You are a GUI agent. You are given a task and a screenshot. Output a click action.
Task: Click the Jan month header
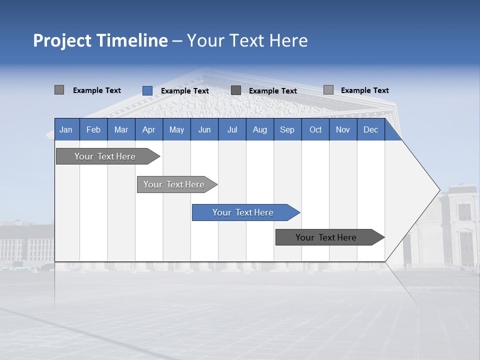point(66,129)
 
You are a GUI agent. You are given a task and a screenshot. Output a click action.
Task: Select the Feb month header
point(93,129)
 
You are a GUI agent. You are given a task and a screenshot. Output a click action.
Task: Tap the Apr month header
point(149,129)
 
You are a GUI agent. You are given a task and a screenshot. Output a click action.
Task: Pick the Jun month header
point(204,129)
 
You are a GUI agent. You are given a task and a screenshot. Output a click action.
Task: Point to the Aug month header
point(260,129)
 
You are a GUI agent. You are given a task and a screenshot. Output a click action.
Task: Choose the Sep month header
point(287,129)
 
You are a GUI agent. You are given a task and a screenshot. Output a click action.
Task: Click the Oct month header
point(315,129)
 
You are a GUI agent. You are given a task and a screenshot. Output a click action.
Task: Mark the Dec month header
point(371,129)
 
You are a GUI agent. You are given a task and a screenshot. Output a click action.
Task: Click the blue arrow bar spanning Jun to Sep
point(243,212)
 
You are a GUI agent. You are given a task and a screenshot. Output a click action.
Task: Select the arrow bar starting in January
point(105,156)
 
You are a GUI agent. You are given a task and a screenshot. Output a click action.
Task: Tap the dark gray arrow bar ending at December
point(326,237)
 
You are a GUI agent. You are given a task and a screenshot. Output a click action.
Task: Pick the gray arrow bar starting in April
point(174,184)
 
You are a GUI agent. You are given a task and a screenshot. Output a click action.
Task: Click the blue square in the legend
point(147,90)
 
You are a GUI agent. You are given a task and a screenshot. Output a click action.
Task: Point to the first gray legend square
point(59,90)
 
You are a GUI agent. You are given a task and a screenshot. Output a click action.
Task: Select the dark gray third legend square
point(236,90)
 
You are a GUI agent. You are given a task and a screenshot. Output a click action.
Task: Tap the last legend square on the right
point(328,90)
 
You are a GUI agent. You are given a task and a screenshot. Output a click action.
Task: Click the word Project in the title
point(62,40)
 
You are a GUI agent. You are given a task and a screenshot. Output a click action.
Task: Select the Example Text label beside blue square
point(184,91)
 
